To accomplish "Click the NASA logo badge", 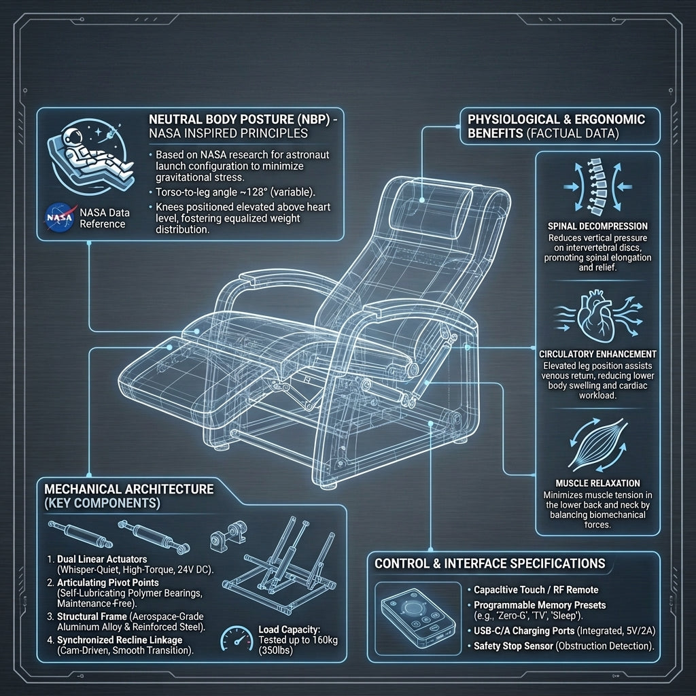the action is click(60, 217).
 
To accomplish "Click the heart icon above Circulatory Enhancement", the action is click(597, 315).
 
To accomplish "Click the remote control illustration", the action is click(418, 618).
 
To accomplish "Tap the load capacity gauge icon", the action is click(237, 638).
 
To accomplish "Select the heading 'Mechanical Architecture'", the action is click(128, 489).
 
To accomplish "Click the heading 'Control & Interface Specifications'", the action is click(489, 563).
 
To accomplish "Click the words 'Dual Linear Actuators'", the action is click(102, 559).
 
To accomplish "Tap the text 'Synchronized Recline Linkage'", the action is click(120, 640).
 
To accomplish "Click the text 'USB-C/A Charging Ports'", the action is click(525, 631).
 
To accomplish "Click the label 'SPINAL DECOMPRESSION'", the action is click(597, 226).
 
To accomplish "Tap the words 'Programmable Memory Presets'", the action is click(540, 605).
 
